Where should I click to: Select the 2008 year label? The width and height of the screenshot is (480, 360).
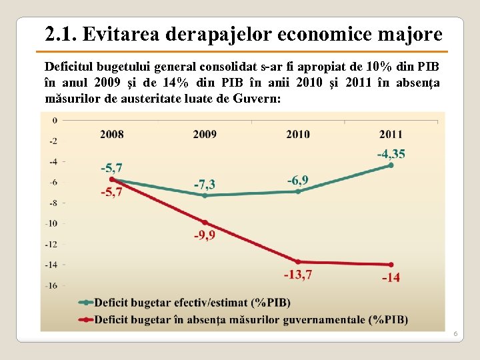[x=112, y=134]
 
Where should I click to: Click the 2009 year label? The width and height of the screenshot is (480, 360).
[x=205, y=134]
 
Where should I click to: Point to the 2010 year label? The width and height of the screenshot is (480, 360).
[x=298, y=134]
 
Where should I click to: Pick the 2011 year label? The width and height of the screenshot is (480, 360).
[x=391, y=134]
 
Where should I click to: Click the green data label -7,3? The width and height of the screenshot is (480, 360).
[x=205, y=183]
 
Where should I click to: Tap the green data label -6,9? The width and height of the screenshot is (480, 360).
[x=298, y=180]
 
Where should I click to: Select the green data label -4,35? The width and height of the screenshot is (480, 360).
[x=391, y=154]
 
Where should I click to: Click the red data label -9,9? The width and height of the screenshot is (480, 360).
[x=205, y=236]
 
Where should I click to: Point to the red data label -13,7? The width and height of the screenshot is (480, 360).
[x=298, y=275]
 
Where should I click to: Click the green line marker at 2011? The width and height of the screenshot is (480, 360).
[x=391, y=165]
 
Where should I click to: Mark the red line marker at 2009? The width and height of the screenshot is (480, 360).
[x=205, y=222]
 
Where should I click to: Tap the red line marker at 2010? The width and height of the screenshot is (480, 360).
[x=298, y=261]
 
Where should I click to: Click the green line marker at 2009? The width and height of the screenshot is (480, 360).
[x=205, y=195]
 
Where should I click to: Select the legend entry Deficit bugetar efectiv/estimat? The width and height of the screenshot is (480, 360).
[x=192, y=303]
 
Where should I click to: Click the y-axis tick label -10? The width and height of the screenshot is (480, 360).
[x=51, y=223]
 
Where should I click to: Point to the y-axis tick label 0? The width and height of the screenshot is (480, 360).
[x=54, y=121]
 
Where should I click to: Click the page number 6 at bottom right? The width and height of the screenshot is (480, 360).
[x=455, y=333]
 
